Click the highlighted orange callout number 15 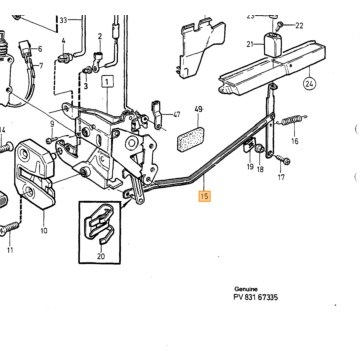pyautogui.click(x=204, y=196)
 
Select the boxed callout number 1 pyautogui.click(x=107, y=81)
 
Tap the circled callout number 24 pyautogui.click(x=309, y=83)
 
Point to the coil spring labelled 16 pyautogui.click(x=291, y=120)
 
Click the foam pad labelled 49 pyautogui.click(x=191, y=139)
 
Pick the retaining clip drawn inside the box pyautogui.click(x=100, y=222)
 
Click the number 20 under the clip pyautogui.click(x=101, y=256)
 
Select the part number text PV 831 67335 pyautogui.click(x=256, y=297)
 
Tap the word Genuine pyautogui.click(x=246, y=289)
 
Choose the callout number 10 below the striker pyautogui.click(x=44, y=230)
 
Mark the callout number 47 pyautogui.click(x=177, y=115)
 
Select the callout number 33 pyautogui.click(x=63, y=20)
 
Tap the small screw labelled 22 pyautogui.click(x=280, y=24)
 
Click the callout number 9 pyautogui.click(x=52, y=124)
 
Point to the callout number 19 pyautogui.click(x=250, y=167)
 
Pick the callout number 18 pyautogui.click(x=260, y=169)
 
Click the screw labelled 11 pyautogui.click(x=9, y=228)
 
